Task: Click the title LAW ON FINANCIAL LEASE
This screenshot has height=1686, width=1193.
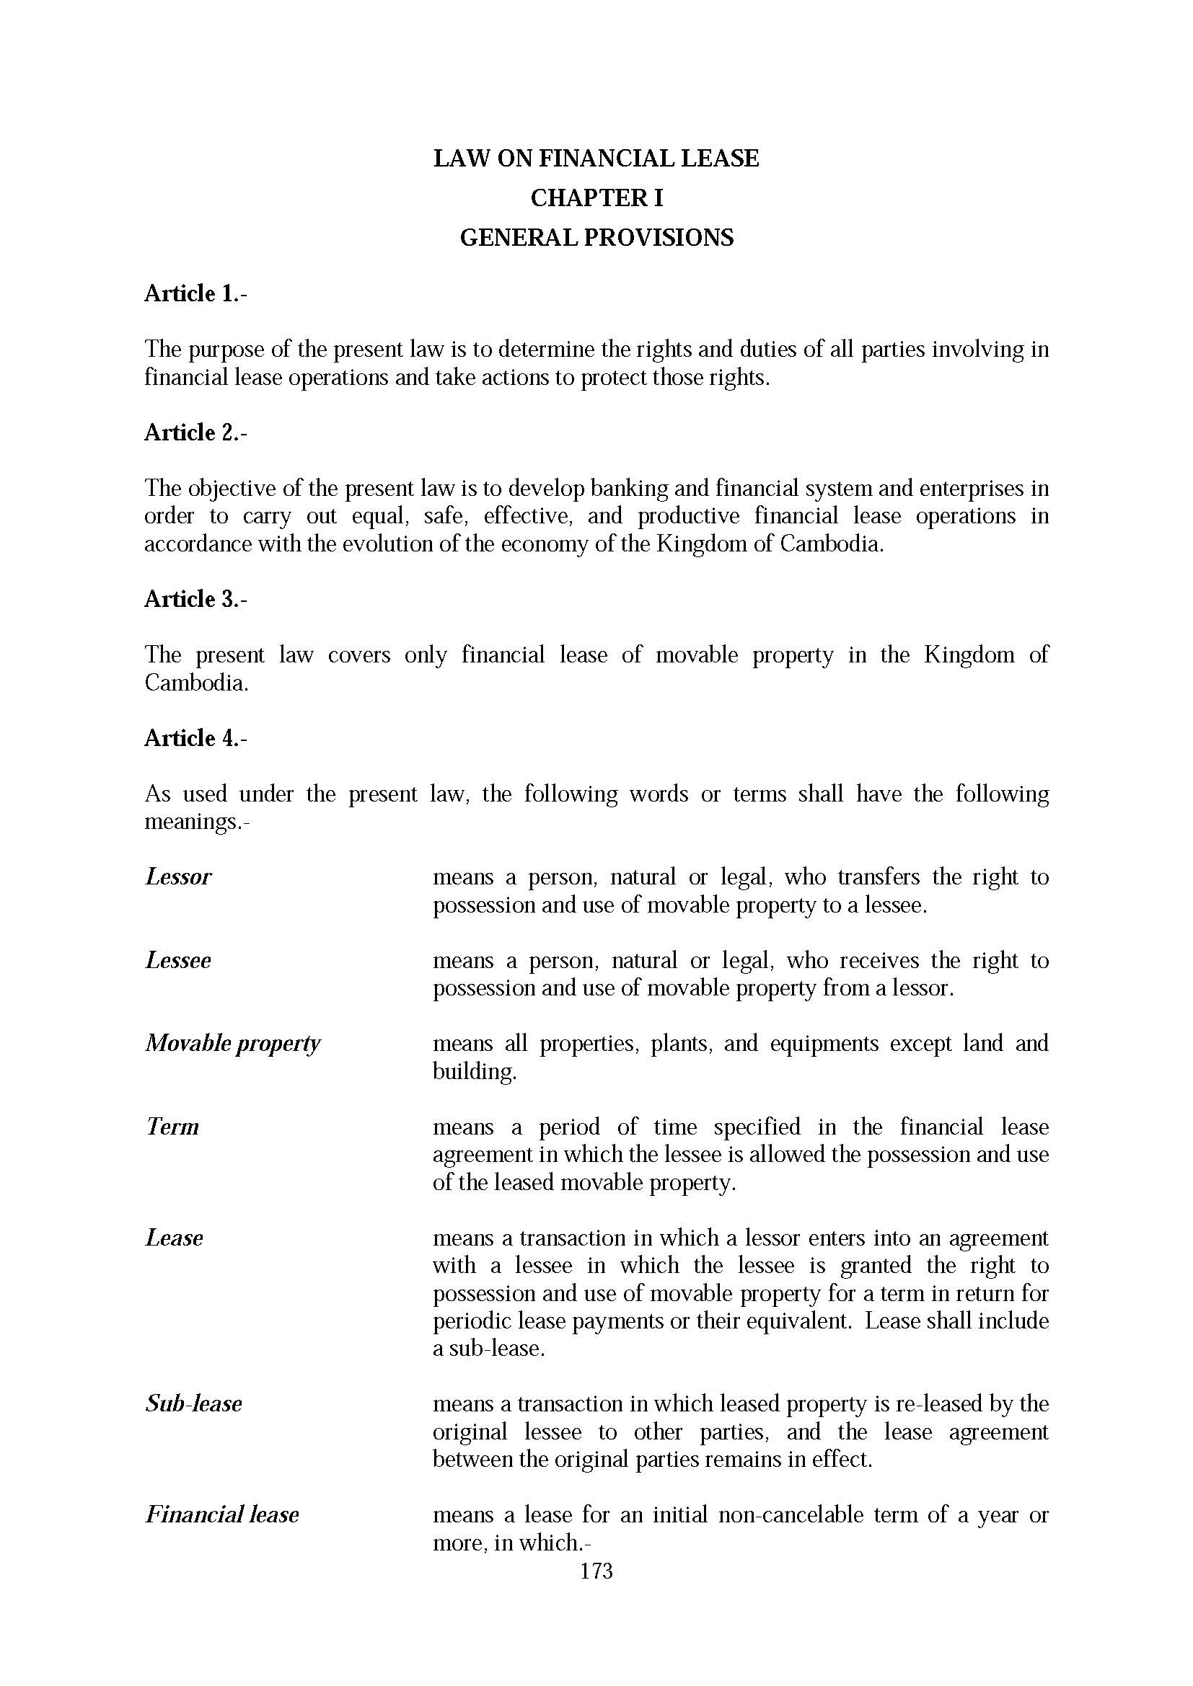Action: click(x=596, y=158)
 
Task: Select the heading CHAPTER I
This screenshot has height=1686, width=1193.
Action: click(x=596, y=198)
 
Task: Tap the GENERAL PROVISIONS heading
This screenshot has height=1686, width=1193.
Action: click(x=596, y=237)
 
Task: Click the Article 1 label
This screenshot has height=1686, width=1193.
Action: click(x=195, y=293)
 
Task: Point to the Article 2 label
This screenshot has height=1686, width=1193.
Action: click(x=195, y=432)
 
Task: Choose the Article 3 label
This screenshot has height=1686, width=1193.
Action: click(x=195, y=599)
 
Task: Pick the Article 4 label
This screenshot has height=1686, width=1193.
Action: click(x=195, y=738)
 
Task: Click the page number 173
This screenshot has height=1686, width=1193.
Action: click(x=596, y=1571)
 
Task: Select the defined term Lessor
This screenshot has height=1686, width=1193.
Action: click(x=178, y=877)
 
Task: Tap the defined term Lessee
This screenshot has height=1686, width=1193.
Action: click(x=177, y=960)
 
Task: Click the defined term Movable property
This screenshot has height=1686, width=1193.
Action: click(x=233, y=1044)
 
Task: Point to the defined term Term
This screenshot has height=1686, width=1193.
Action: click(x=172, y=1127)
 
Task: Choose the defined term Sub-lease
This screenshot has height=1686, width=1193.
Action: click(x=193, y=1404)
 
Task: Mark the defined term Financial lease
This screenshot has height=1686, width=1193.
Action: click(x=222, y=1515)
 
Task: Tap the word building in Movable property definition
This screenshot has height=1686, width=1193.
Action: click(x=474, y=1071)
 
